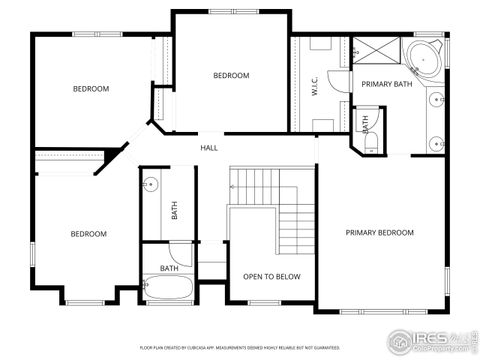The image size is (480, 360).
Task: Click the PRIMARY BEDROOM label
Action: click(x=379, y=233)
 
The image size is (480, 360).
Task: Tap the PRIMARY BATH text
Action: click(x=386, y=85)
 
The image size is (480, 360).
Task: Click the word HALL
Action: click(x=209, y=148)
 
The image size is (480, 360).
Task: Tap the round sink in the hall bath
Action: click(x=152, y=185)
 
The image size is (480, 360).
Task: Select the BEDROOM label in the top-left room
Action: click(x=91, y=89)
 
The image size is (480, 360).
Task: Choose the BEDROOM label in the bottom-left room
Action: click(x=88, y=234)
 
